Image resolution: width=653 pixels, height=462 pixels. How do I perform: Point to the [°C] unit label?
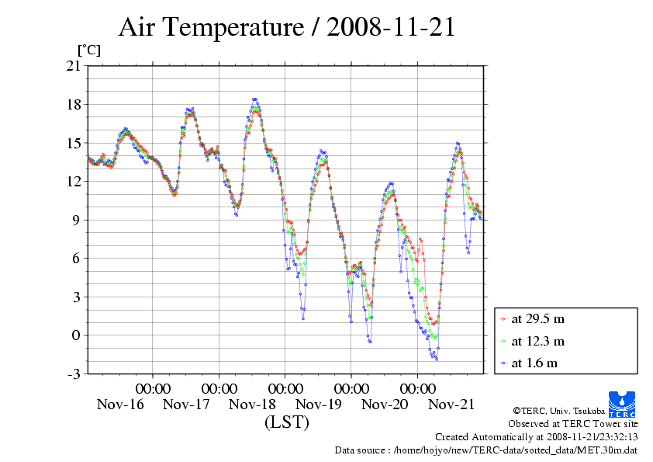tap(88, 50)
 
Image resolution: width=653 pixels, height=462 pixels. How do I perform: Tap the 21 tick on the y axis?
tap(74, 66)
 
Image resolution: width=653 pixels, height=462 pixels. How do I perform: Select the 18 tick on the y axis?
tap(74, 105)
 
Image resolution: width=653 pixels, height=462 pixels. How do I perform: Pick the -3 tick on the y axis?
tap(74, 374)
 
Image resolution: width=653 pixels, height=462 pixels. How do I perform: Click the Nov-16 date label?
tap(120, 405)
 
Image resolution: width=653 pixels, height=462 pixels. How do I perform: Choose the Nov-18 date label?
tap(253, 405)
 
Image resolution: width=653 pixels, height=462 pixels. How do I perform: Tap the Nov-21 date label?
tap(451, 405)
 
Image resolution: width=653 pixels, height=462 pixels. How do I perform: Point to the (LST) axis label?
tap(287, 423)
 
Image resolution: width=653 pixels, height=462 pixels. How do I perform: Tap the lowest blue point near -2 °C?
tap(437, 359)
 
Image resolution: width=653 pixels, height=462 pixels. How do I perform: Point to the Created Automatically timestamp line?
tap(536, 436)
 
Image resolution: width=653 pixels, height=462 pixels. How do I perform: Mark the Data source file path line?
tap(486, 450)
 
